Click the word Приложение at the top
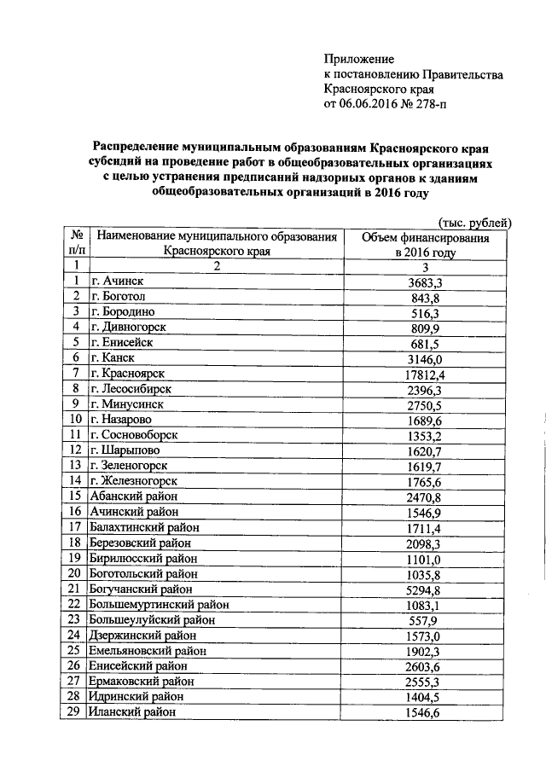pyautogui.click(x=358, y=59)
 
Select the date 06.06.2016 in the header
pyautogui.click(x=372, y=105)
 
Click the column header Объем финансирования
pyautogui.click(x=425, y=238)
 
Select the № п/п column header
pyautogui.click(x=76, y=242)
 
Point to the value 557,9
pyautogui.click(x=425, y=619)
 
